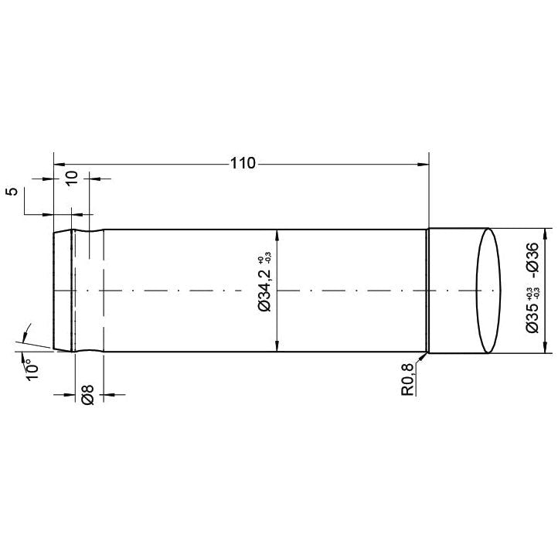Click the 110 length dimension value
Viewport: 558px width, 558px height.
242,164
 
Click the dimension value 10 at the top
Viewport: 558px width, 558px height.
71,177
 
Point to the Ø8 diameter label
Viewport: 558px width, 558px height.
87,394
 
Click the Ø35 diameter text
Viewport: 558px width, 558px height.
532,315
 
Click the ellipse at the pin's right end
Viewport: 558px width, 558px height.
488,291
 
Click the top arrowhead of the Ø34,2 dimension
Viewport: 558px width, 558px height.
277,234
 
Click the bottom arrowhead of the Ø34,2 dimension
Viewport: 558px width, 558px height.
277,349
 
